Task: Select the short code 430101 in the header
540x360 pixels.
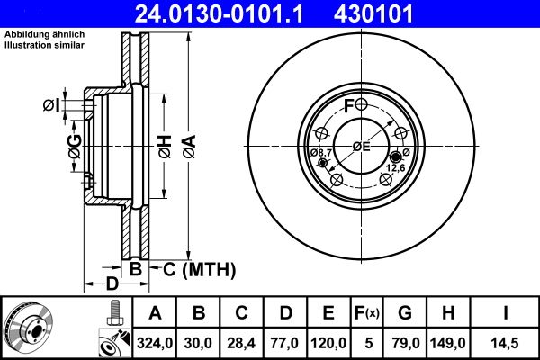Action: click(x=400, y=14)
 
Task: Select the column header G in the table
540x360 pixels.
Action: click(x=405, y=313)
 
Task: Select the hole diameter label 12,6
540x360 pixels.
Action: click(x=398, y=166)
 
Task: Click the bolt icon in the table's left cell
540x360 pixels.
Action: click(x=112, y=314)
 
